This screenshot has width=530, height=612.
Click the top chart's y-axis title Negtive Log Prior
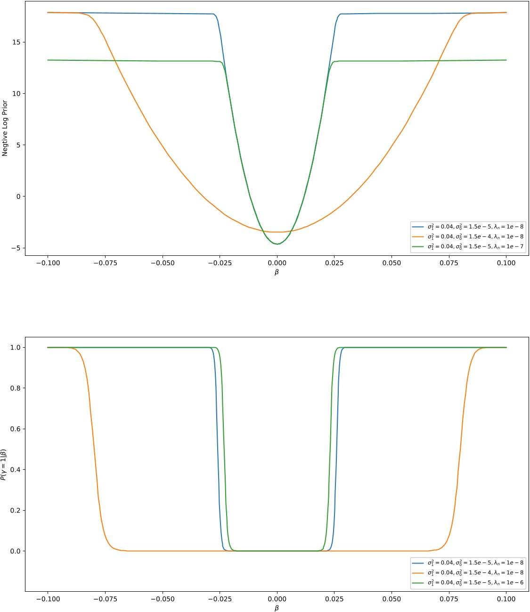[x=5, y=128]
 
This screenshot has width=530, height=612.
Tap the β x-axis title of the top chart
[x=277, y=272]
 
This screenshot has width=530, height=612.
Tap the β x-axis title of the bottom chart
[x=277, y=608]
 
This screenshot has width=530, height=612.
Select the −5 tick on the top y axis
[x=16, y=248]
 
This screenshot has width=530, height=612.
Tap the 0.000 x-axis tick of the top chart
[x=277, y=263]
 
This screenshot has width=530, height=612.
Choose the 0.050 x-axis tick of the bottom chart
[x=392, y=599]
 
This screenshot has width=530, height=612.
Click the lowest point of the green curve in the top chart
[x=277, y=244]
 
